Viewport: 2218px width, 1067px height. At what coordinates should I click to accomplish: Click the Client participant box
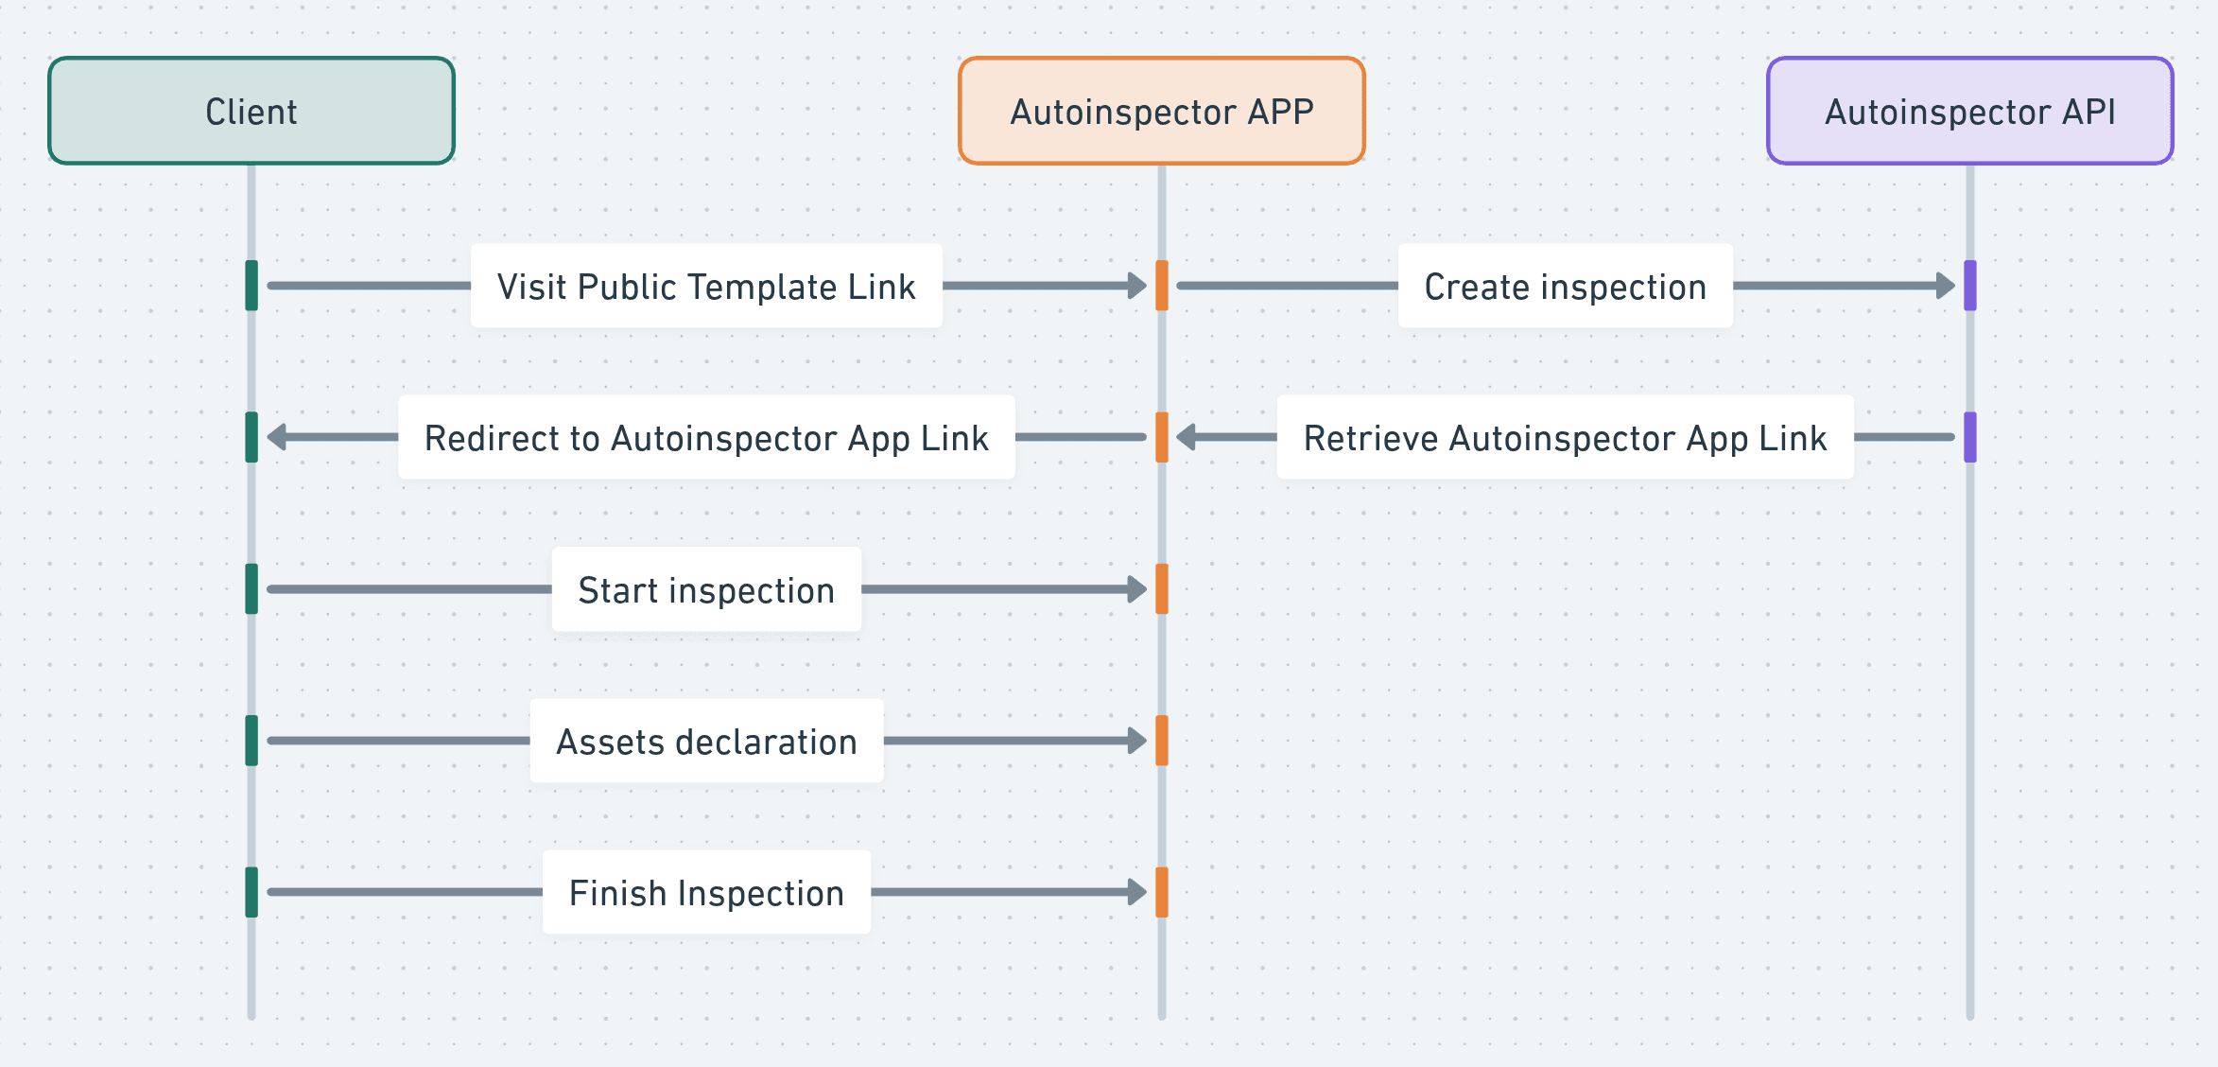(251, 111)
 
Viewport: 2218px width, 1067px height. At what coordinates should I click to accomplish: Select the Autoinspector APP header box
(1162, 111)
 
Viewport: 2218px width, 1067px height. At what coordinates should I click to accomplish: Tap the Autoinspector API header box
(1970, 111)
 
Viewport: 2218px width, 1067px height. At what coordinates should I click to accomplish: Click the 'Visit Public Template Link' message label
(706, 286)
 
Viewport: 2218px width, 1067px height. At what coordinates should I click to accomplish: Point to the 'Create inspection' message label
(1566, 286)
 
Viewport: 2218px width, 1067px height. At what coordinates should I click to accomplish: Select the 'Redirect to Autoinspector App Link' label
(706, 437)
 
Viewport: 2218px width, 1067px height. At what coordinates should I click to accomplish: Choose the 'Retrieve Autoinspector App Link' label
(1566, 437)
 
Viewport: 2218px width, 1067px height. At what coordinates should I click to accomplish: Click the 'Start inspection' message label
(706, 589)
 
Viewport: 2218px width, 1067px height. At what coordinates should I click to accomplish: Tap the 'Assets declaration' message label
(706, 741)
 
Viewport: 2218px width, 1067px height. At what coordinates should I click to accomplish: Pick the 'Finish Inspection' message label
(706, 892)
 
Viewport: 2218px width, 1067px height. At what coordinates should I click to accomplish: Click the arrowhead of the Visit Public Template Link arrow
(1138, 286)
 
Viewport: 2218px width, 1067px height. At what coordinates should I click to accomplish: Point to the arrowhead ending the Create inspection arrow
(1947, 286)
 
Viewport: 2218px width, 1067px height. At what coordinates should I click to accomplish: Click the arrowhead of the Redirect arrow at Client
(276, 437)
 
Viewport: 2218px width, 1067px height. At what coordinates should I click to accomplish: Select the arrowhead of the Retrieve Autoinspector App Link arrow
(1186, 437)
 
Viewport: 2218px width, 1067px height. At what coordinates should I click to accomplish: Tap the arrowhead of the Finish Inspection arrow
(1138, 892)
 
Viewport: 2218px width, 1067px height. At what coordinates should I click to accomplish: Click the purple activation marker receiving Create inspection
(1970, 286)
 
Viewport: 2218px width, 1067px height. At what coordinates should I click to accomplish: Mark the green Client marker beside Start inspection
(251, 589)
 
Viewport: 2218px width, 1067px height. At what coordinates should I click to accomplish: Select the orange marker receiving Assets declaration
(1162, 741)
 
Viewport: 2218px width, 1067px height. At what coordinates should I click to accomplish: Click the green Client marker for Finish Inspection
(251, 892)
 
